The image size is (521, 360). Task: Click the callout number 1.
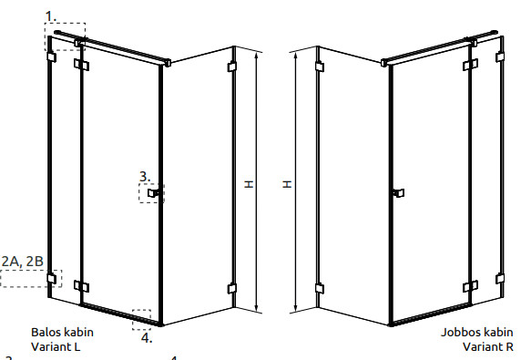tap(50, 16)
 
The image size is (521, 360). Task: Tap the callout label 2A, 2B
tap(23, 262)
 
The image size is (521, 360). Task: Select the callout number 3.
tap(145, 177)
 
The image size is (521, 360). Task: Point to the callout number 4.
tap(147, 338)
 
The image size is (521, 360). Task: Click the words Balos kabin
tap(62, 332)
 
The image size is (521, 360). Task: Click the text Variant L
tap(56, 346)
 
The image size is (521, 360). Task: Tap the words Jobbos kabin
tap(476, 332)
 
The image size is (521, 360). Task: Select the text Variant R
tap(488, 346)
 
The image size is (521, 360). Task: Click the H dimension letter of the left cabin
tap(249, 184)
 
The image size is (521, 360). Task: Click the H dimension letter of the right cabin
tap(287, 184)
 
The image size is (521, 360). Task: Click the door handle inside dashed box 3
tap(153, 193)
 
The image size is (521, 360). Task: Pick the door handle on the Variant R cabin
tap(398, 193)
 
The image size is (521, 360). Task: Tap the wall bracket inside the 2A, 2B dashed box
tap(52, 278)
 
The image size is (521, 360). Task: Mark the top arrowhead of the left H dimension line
tap(256, 56)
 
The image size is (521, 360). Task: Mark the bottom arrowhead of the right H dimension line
tap(296, 309)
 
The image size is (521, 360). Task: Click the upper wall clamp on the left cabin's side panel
tap(232, 67)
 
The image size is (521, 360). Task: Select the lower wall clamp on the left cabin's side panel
tap(232, 289)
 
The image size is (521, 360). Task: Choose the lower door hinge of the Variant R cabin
tap(471, 286)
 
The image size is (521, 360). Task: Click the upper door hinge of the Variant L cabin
tap(81, 65)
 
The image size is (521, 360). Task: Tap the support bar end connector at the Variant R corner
tap(384, 63)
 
